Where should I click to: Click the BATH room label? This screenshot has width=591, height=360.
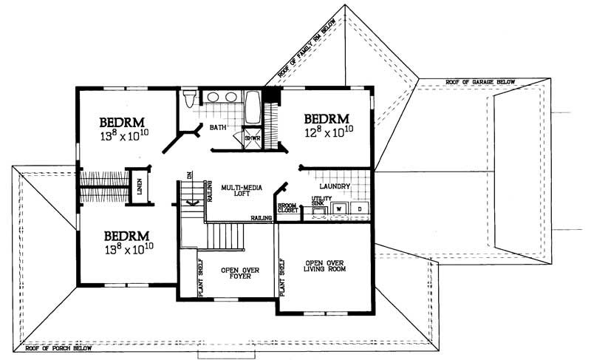tap(218, 128)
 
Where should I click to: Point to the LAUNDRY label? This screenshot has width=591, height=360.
tap(335, 186)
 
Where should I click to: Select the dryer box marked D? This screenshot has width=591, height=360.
tap(360, 209)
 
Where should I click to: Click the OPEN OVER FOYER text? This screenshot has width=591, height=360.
tap(239, 274)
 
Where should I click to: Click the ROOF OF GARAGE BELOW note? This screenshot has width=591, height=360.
tap(480, 82)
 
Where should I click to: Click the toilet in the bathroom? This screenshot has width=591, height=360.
tap(191, 98)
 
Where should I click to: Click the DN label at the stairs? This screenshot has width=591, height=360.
tap(189, 176)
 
